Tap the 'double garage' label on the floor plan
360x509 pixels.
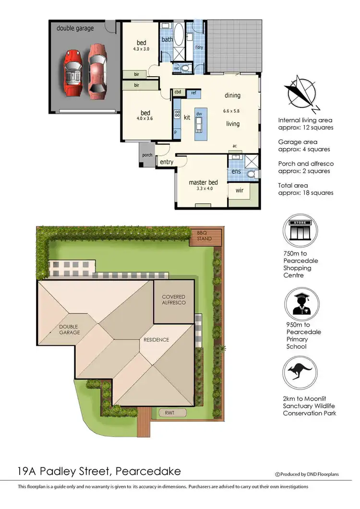pos(75,28)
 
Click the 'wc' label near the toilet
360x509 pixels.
pos(177,69)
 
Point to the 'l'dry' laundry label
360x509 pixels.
pos(199,47)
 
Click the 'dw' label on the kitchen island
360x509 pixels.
pos(198,114)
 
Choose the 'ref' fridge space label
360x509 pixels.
pos(193,93)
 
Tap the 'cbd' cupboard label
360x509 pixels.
pos(178,92)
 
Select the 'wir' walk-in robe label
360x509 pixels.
pos(240,190)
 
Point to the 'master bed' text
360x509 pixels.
pos(203,182)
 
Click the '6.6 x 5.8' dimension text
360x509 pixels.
pos(231,111)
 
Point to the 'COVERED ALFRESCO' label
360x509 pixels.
pos(173,300)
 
